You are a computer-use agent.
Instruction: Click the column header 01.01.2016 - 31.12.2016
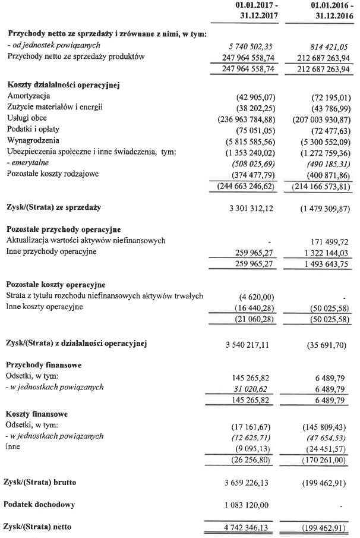[324, 11]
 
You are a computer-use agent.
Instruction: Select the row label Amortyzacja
[29, 96]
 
